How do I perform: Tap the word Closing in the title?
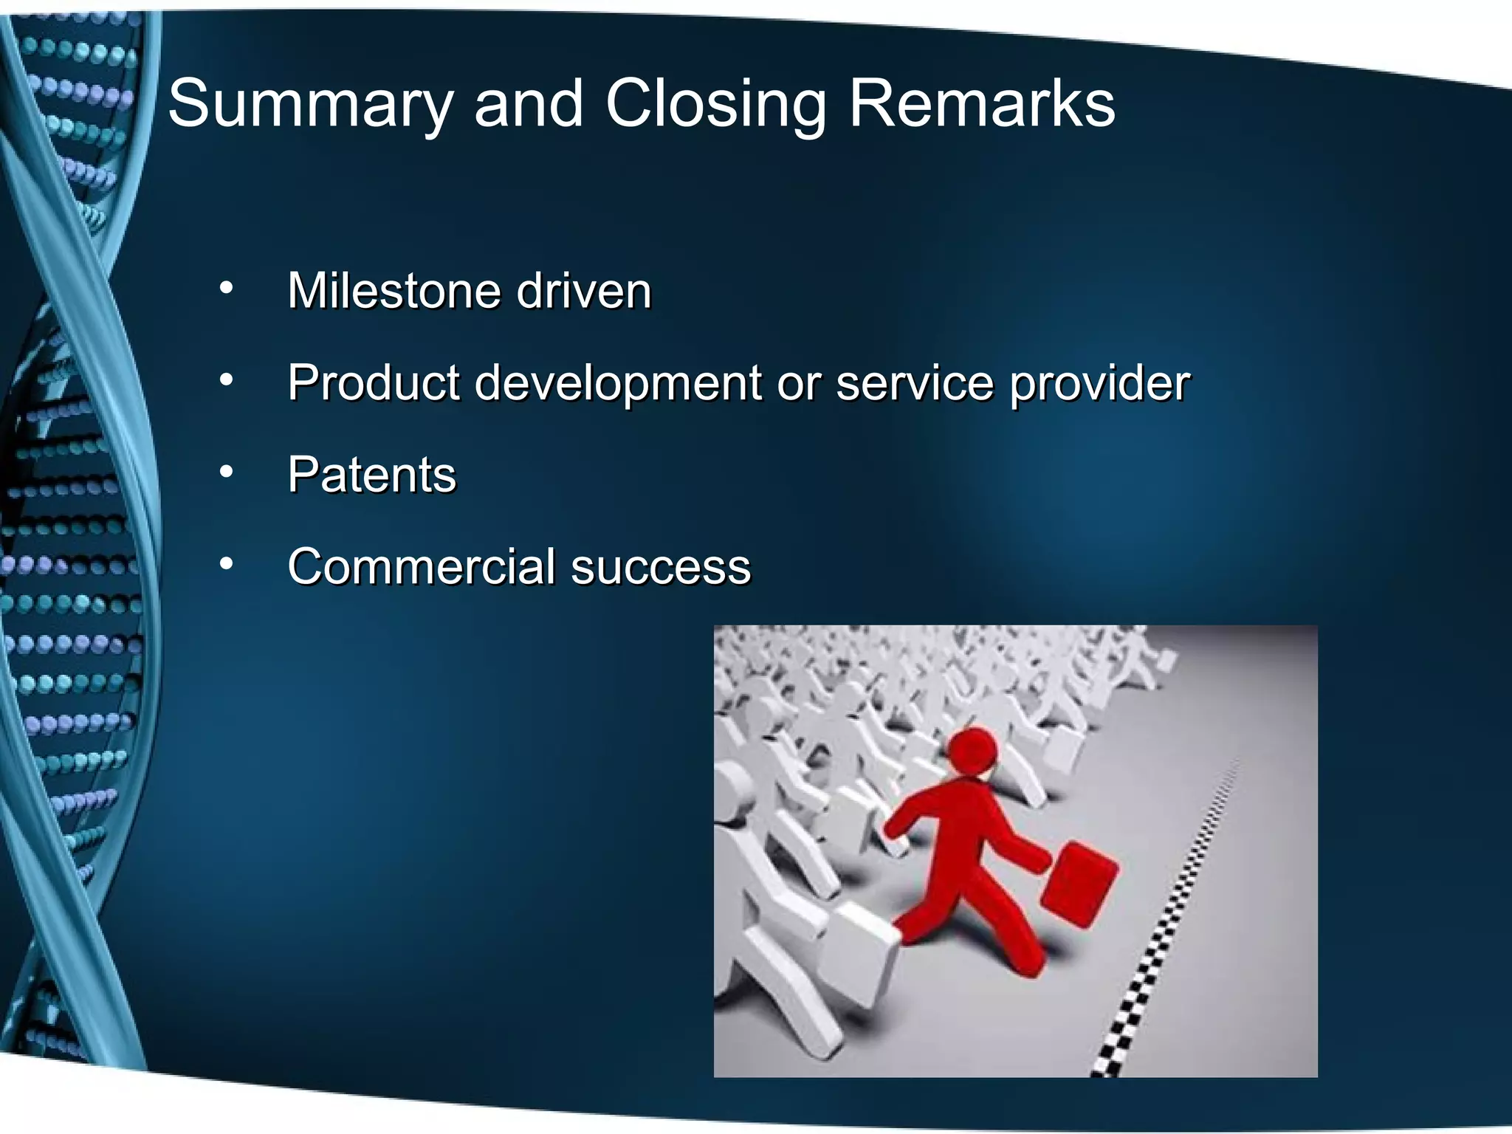click(x=715, y=105)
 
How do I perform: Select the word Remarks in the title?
click(x=981, y=103)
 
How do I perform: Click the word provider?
click(x=1099, y=384)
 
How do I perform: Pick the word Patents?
click(x=371, y=475)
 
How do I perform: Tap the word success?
click(x=661, y=567)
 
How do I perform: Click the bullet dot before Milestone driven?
click(x=226, y=288)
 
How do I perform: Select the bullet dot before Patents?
click(x=226, y=472)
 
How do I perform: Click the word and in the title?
click(x=529, y=105)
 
